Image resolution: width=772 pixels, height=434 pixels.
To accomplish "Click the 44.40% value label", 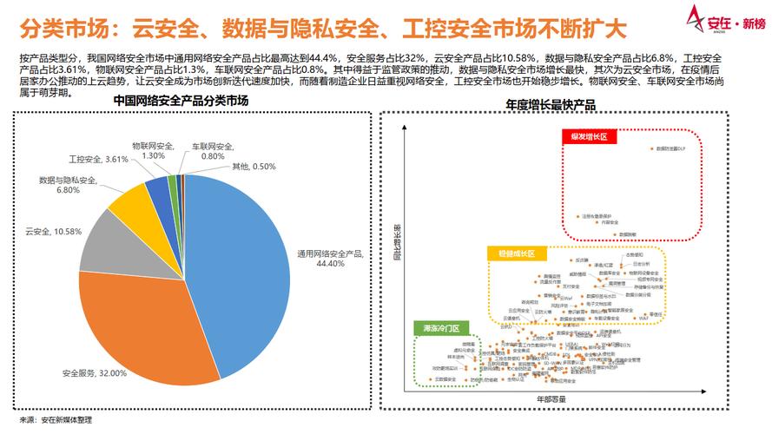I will pos(330,263).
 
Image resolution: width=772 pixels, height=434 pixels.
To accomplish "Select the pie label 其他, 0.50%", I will pos(254,166).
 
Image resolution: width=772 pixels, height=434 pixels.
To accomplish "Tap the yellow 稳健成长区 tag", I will pos(516,253).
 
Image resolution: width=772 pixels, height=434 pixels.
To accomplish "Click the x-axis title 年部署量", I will pos(551,398).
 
